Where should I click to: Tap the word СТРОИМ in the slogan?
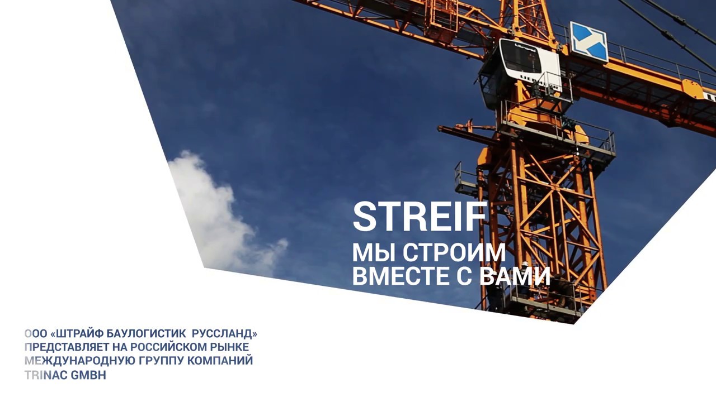[x=454, y=253]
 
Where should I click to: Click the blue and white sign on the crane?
[x=588, y=42]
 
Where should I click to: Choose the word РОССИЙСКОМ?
[x=169, y=347]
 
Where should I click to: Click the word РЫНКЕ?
[x=229, y=347]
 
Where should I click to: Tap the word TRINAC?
[x=46, y=375]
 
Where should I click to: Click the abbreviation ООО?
[x=36, y=334]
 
